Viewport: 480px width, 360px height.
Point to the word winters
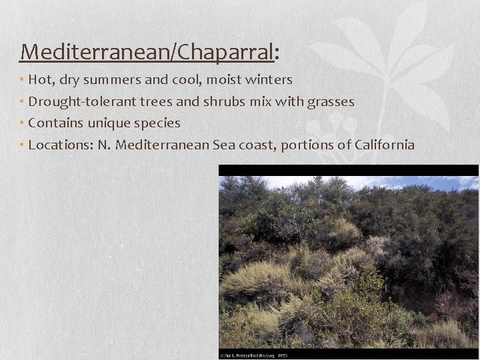click(x=269, y=80)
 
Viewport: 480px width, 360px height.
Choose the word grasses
click(x=331, y=102)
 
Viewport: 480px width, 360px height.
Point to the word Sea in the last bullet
click(x=223, y=145)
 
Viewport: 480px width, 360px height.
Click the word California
click(x=385, y=145)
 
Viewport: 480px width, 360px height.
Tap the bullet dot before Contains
click(x=22, y=123)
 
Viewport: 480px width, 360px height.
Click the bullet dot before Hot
click(x=22, y=80)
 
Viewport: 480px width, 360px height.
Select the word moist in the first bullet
click(x=222, y=80)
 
